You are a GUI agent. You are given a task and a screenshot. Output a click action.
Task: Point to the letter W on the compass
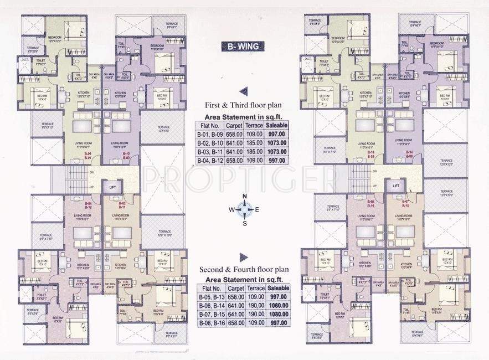(x=231, y=209)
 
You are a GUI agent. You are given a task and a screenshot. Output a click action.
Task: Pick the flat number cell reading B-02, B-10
(x=209, y=143)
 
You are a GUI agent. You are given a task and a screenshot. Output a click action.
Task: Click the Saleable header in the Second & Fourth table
(x=276, y=289)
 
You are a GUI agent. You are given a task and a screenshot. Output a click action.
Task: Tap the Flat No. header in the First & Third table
(x=209, y=125)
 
